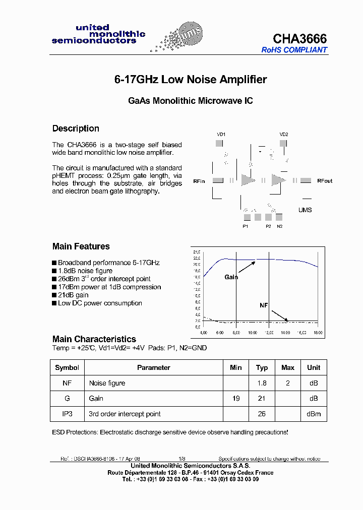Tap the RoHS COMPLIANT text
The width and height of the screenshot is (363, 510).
coord(294,50)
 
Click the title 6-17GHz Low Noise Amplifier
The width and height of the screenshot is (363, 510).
coord(190,80)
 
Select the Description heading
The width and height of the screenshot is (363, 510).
coord(76,129)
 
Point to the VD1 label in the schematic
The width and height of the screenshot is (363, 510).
coord(221,135)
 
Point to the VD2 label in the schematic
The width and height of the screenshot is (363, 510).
coord(284,135)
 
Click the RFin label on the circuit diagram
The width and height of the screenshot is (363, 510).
coord(199,181)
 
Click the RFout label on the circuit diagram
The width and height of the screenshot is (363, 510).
coord(325,181)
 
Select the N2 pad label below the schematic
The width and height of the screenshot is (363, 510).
coord(280,226)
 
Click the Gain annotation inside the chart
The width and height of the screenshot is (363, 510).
coord(231,277)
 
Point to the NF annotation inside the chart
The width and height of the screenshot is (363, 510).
coord(264,305)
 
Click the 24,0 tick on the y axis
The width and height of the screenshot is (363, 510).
coord(197,251)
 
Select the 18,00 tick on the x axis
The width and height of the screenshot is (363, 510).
coord(317,333)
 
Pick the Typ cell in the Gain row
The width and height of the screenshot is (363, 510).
coord(262,398)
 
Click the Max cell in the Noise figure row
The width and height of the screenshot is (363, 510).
coord(287,383)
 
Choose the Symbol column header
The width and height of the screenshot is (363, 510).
coord(67,367)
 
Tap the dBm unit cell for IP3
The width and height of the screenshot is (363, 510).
coord(314,414)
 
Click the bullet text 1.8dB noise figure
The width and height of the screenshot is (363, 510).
coord(85,271)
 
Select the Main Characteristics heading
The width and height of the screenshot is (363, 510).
coord(94,339)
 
